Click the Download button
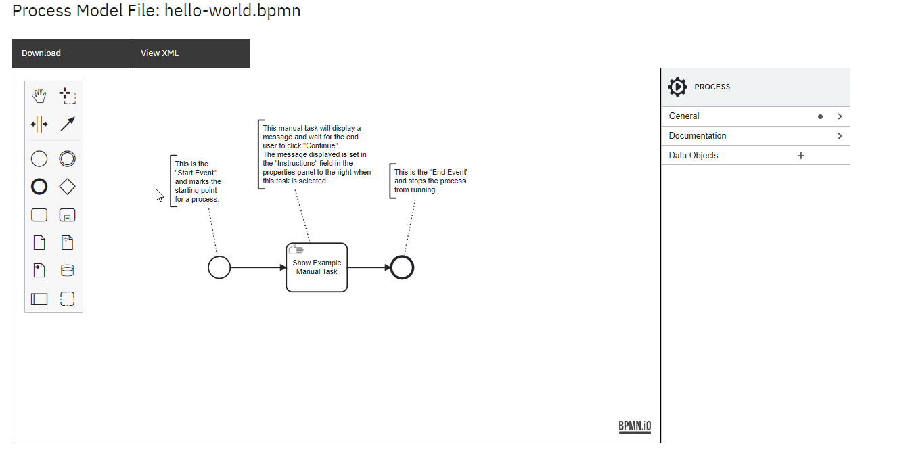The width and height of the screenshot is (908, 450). coord(41,53)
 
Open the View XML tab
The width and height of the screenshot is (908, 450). coord(160,53)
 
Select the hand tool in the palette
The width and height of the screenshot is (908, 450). coord(39,95)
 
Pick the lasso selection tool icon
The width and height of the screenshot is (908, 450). coord(67,95)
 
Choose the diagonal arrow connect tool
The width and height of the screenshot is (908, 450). coord(67,124)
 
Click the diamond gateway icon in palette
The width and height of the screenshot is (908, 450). coord(67,186)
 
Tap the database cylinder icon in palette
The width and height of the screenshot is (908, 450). coord(67,271)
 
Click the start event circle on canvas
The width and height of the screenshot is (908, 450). coord(219,267)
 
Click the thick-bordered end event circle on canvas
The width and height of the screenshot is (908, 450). coord(402,267)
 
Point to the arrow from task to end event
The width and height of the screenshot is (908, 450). coord(369,267)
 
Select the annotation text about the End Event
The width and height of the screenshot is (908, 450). coord(431,181)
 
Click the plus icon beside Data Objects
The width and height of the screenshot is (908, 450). coord(801,156)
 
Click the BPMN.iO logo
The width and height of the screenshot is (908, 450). coord(635,426)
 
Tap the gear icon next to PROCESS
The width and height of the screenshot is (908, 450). coord(677,87)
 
